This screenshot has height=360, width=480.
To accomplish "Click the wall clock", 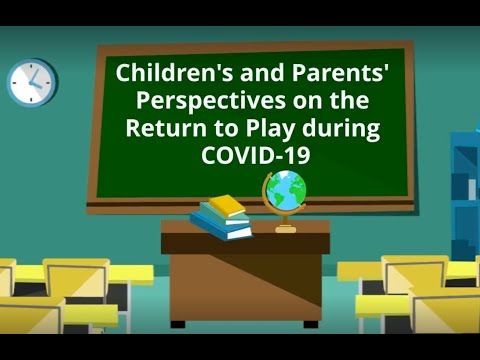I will click(x=31, y=82).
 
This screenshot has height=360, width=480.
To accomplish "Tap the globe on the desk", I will click(x=286, y=191).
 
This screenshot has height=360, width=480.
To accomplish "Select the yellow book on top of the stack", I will click(x=227, y=205).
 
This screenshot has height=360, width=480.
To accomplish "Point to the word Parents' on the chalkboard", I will click(x=303, y=73).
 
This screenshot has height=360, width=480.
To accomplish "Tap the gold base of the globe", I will click(x=286, y=228).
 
